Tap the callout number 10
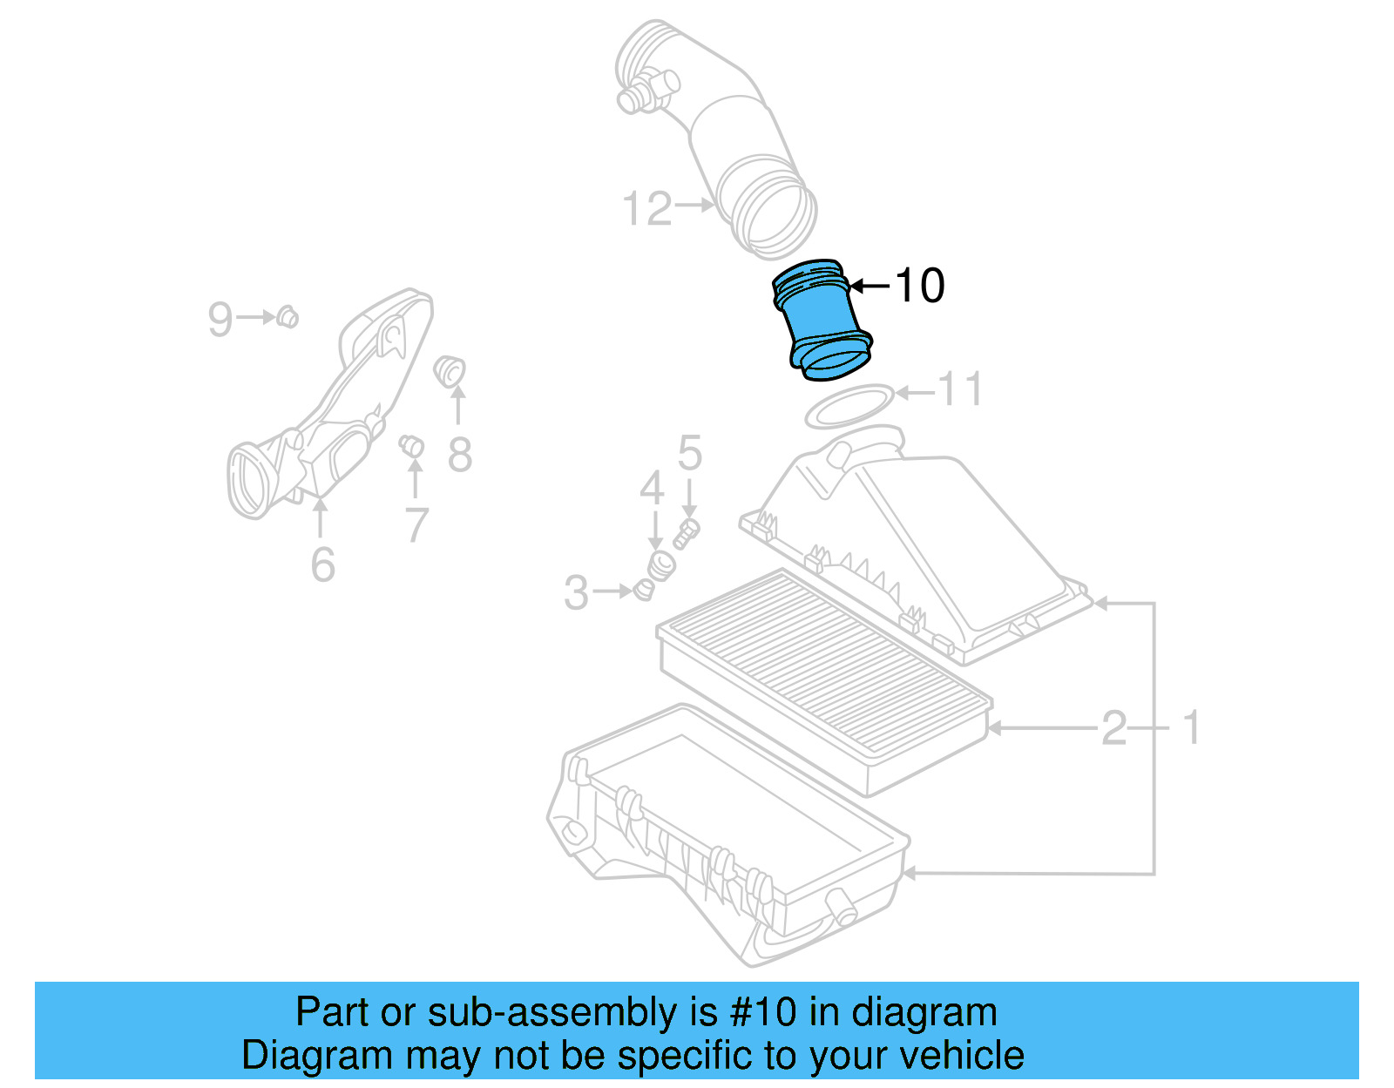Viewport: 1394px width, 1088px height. pos(919,286)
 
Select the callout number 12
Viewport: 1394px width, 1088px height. pos(647,209)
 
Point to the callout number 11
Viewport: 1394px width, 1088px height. pos(959,389)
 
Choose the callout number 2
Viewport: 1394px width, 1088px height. pos(1114,728)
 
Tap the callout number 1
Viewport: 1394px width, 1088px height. pos(1192,728)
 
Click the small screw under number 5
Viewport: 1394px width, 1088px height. pos(687,533)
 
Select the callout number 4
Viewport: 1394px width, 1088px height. pos(652,489)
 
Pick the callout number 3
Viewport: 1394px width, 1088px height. pos(576,593)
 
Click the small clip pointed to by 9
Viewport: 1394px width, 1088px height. pos(288,317)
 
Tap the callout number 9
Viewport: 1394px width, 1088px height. pos(220,319)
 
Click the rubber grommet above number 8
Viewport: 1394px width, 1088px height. pos(450,370)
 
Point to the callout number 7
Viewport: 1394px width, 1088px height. pos(416,525)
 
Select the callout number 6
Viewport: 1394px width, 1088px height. pos(322,565)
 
